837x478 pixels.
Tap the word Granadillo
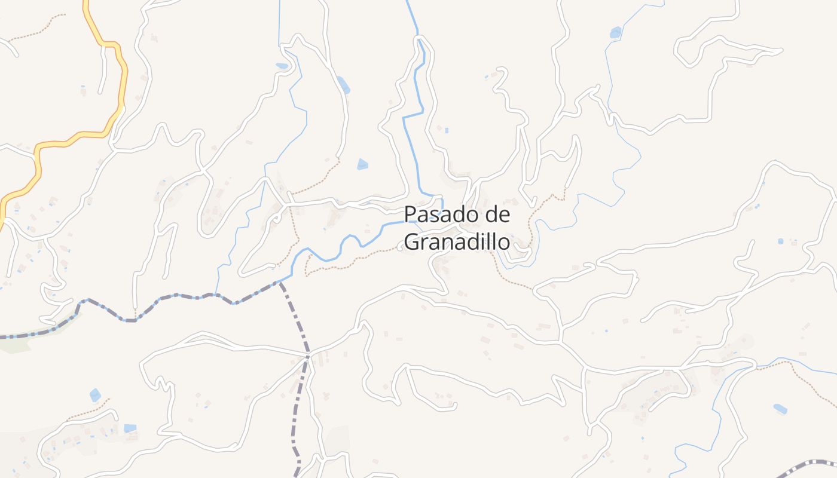coord(457,242)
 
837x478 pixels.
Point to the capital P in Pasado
coord(410,214)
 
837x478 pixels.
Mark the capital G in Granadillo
coord(411,242)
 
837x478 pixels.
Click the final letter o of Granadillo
coord(504,242)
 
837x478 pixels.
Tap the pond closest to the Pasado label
coord(362,164)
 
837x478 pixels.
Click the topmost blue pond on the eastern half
coord(615,32)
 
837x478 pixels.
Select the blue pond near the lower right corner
coord(780,409)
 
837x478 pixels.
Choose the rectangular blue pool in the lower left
coord(130,428)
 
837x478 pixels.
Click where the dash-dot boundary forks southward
coord(280,283)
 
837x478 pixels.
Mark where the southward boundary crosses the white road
coord(307,357)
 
